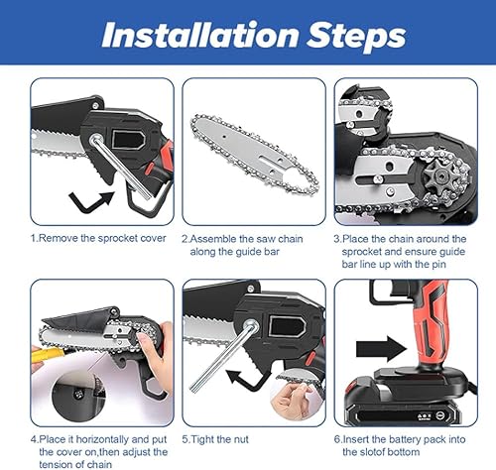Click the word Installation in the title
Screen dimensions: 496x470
201,35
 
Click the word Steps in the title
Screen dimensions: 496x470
356,37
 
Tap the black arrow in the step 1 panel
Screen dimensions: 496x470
90,201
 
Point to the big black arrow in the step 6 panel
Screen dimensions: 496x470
381,349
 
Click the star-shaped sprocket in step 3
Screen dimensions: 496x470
438,176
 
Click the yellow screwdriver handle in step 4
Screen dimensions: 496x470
49,355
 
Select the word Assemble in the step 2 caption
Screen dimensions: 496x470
213,239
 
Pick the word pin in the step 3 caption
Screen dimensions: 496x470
438,265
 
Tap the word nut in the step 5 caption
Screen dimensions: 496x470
241,439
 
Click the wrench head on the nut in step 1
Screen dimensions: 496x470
95,138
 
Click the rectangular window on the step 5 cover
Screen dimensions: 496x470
287,326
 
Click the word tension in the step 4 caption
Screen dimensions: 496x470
60,465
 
